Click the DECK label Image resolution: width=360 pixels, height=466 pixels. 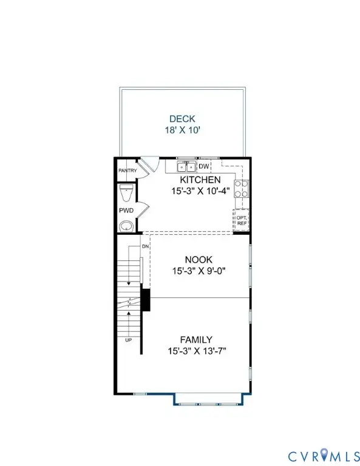coord(182,119)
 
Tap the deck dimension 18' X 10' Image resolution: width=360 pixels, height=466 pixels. coord(182,130)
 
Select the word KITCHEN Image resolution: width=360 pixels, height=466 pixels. coord(199,180)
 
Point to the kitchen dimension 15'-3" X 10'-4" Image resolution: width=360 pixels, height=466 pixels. coord(199,191)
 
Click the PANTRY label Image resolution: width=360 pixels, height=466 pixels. coord(127,171)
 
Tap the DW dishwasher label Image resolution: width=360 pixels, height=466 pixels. coord(204,166)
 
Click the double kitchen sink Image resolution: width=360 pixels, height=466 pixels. coord(186,167)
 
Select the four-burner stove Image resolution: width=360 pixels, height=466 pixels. coord(241,187)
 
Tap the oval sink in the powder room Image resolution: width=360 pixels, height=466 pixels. coord(126,226)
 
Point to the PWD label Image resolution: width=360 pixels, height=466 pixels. coord(126,211)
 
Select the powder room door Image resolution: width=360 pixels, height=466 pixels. coord(141,211)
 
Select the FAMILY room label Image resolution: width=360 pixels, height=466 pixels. coord(196,340)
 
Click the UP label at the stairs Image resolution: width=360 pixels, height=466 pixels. coord(128,340)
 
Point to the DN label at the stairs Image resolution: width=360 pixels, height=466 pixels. coord(145,247)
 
